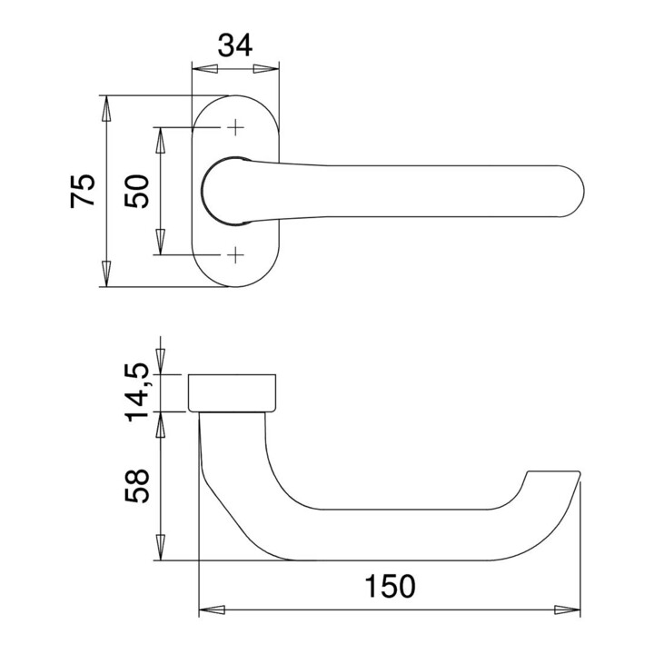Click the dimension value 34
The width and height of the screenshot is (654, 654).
(234, 44)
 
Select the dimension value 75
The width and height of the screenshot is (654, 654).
(83, 191)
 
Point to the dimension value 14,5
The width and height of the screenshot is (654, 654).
(138, 391)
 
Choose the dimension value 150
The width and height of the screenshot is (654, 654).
(390, 586)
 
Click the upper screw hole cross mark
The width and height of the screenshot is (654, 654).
(236, 127)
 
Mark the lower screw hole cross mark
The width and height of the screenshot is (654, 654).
(236, 254)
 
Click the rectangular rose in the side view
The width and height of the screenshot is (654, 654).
(234, 392)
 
